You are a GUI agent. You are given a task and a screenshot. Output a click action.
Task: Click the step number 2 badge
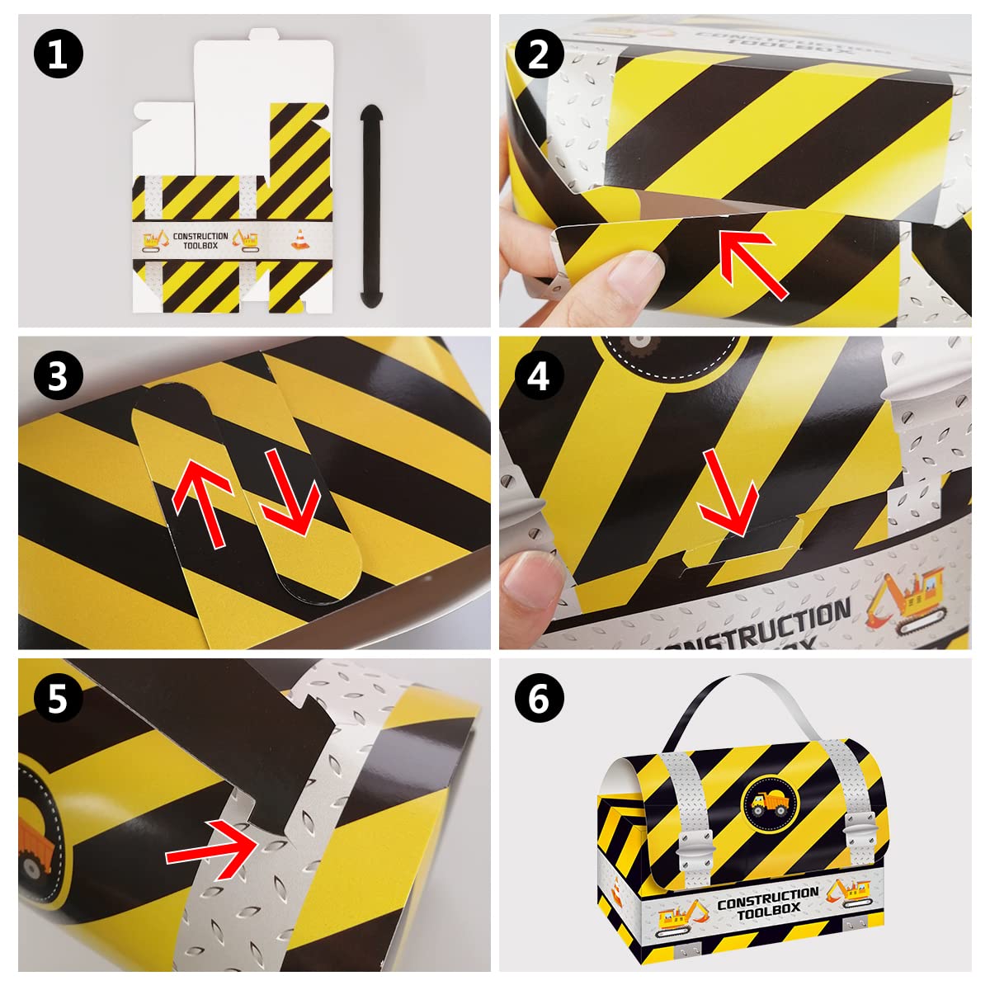(539, 55)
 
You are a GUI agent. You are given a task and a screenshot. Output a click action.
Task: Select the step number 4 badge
(539, 377)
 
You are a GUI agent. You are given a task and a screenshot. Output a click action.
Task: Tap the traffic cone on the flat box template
(299, 238)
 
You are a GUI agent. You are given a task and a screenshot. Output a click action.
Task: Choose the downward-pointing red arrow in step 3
(289, 491)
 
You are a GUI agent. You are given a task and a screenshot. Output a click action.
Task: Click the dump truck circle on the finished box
(767, 800)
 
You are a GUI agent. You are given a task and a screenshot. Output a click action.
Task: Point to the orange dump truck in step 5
(37, 850)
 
